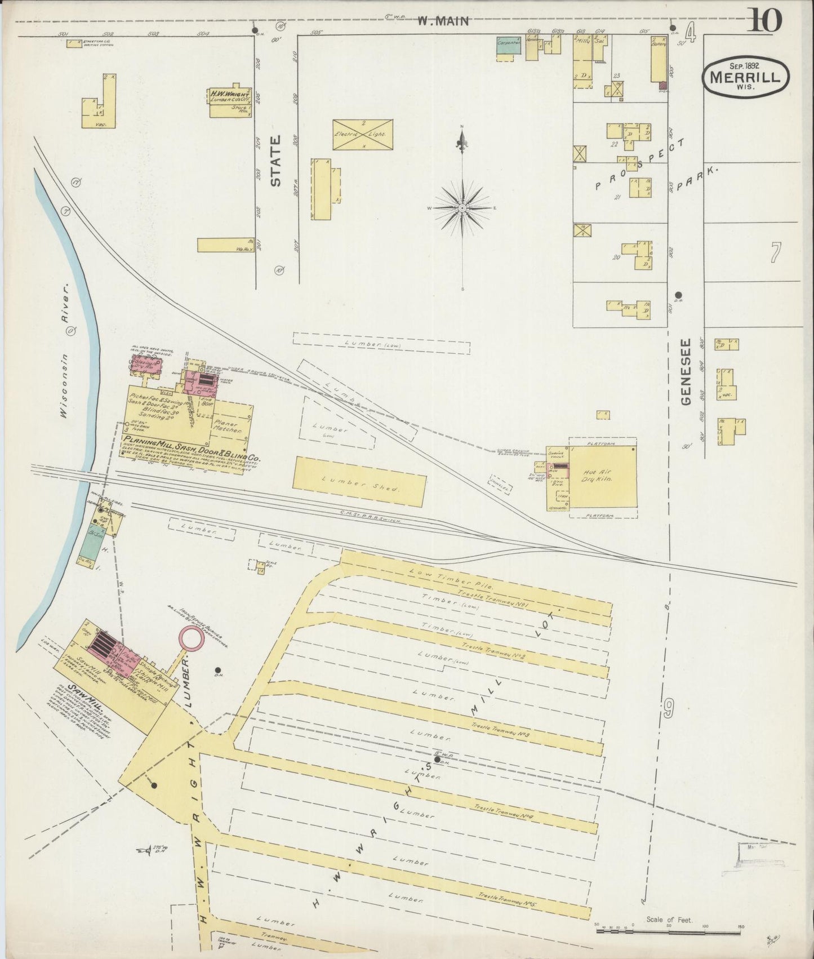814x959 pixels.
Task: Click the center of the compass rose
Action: tap(462, 208)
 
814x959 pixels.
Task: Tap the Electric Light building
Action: tap(362, 135)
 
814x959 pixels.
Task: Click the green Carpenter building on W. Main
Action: tap(508, 47)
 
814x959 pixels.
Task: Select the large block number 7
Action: tap(776, 252)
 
